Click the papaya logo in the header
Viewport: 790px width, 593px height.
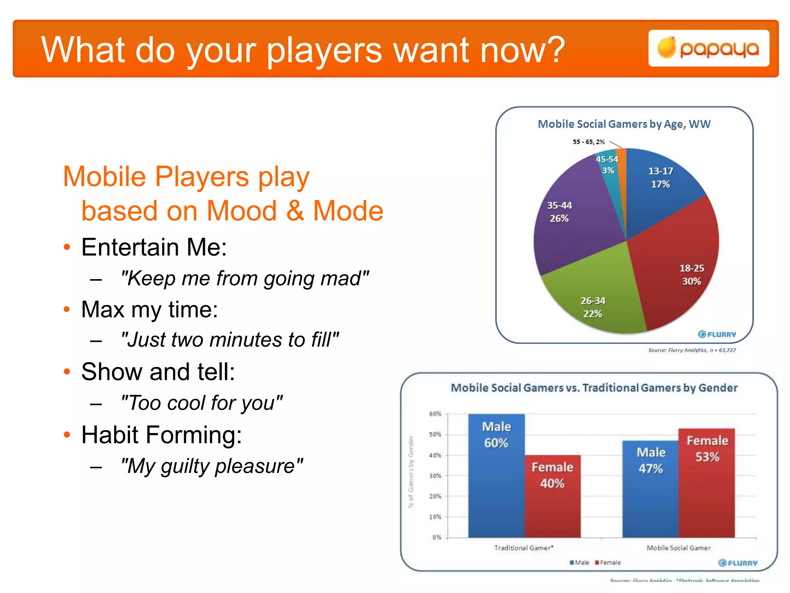coord(709,49)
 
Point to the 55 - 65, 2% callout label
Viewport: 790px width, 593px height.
coord(589,142)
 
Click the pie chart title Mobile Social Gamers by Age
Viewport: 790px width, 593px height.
coord(624,124)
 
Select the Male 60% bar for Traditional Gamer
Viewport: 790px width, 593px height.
coord(496,483)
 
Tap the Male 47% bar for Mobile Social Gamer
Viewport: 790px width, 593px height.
coord(650,498)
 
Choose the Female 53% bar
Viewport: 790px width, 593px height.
coord(707,490)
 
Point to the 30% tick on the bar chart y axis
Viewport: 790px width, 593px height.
coord(435,476)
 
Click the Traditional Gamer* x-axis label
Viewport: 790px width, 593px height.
coord(524,548)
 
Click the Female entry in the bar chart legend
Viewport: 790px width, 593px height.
coord(608,563)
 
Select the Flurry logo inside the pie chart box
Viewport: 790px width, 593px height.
coord(717,334)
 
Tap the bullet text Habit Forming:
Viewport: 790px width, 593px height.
coord(161,435)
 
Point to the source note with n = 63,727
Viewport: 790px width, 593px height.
coord(692,350)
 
